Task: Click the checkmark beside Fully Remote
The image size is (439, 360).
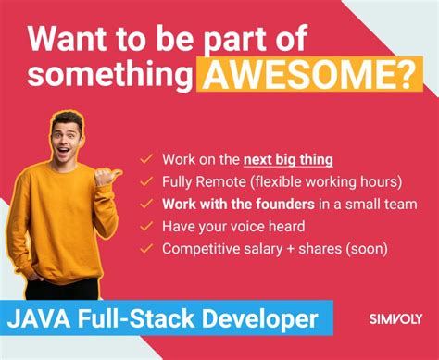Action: click(146, 180)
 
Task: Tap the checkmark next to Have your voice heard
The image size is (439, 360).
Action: click(146, 226)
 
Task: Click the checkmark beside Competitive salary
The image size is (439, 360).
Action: click(146, 249)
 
